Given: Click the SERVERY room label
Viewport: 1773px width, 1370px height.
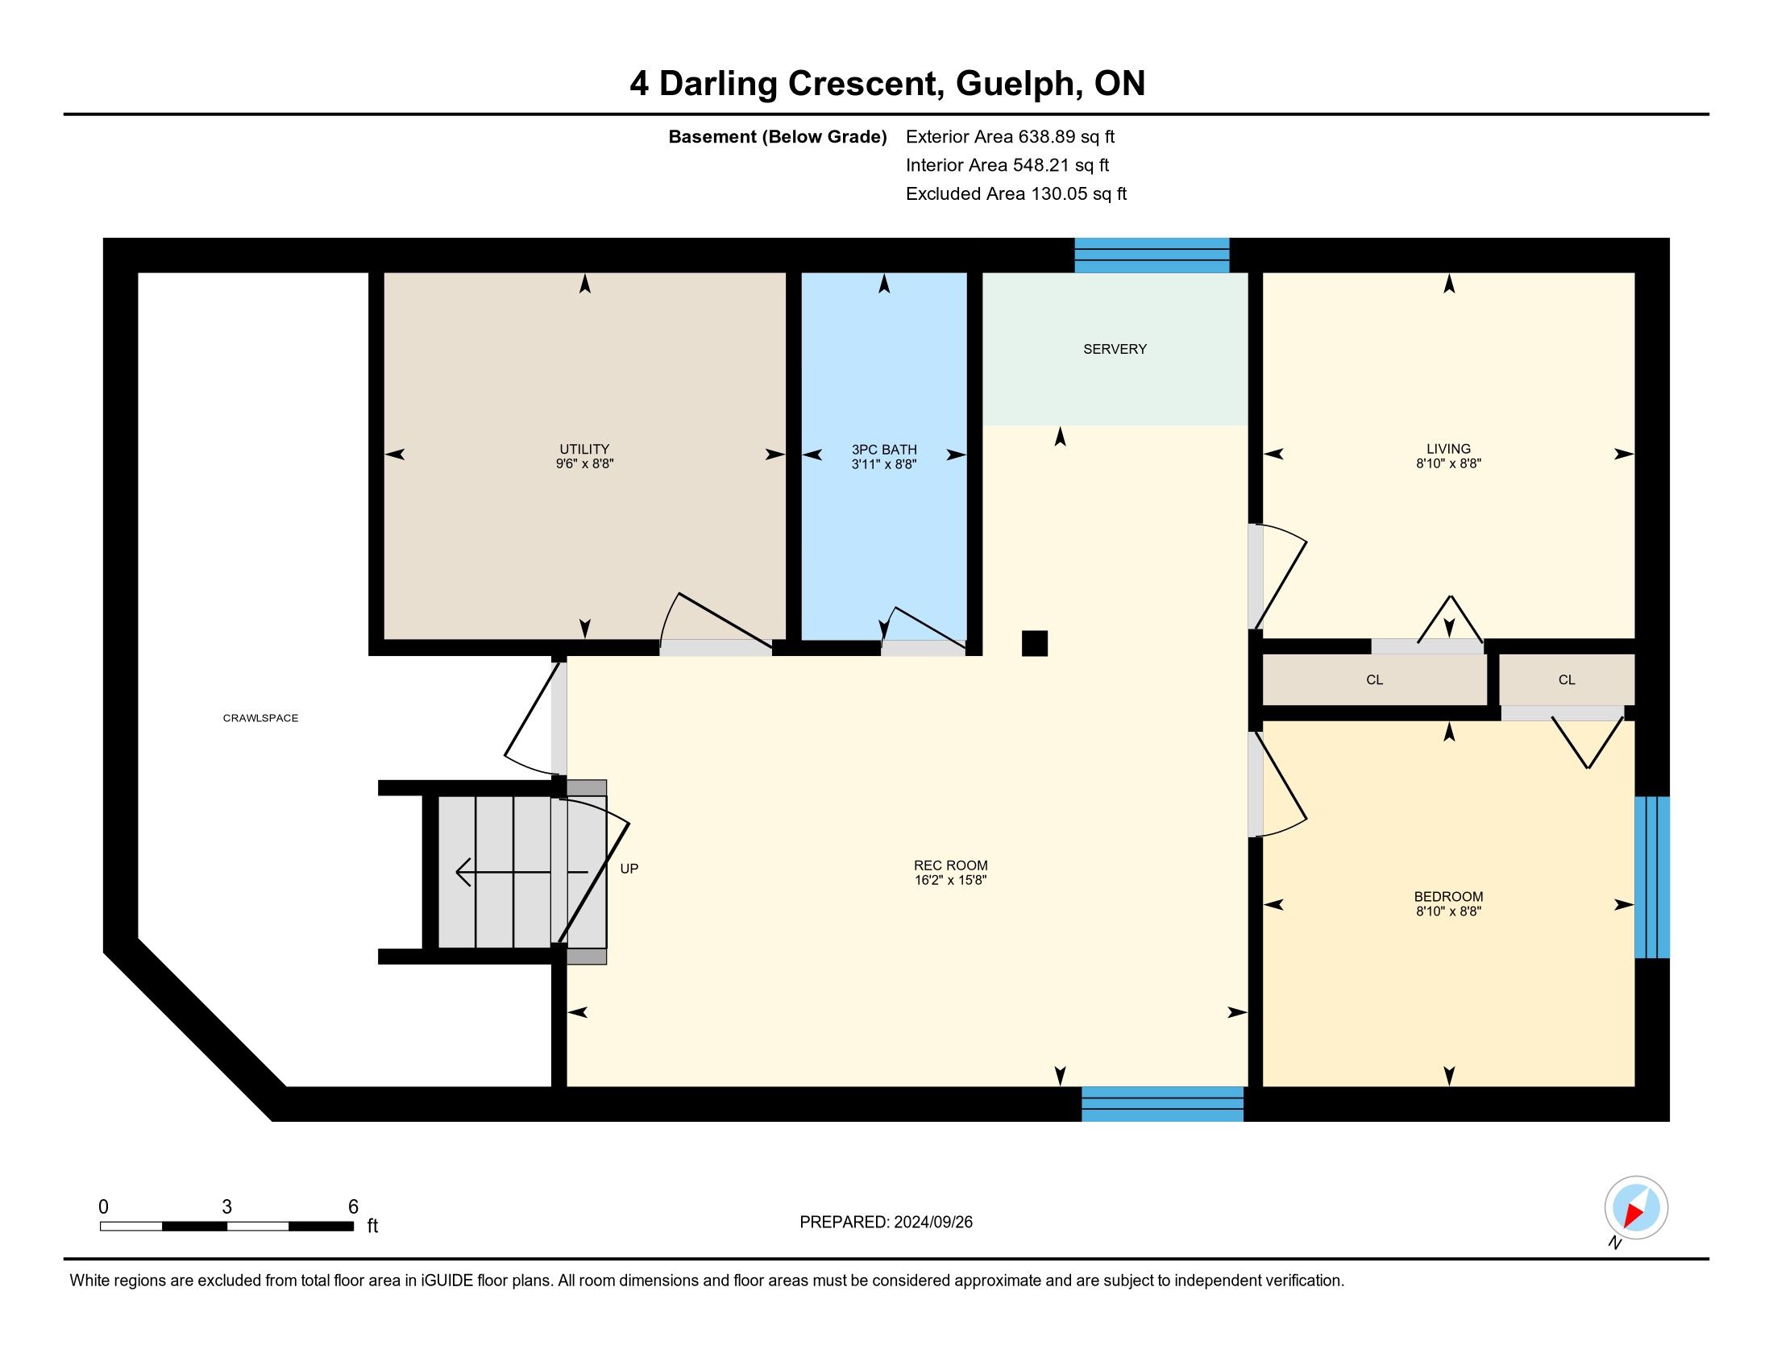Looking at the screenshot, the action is click(x=1115, y=349).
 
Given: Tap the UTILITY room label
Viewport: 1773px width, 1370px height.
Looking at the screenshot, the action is click(x=583, y=449).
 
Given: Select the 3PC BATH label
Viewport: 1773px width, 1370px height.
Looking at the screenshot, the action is click(x=884, y=450).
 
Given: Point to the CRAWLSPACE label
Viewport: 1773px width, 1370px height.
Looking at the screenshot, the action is click(x=260, y=718).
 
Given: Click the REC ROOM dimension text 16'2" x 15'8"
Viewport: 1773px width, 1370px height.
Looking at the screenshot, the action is click(x=951, y=880).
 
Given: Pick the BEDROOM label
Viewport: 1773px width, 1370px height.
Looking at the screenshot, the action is click(x=1448, y=897).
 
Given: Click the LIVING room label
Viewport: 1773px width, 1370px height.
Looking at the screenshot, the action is click(x=1448, y=449).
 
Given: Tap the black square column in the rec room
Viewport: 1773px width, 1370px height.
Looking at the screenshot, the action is click(x=1034, y=644).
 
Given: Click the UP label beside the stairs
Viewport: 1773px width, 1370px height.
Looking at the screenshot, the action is click(x=629, y=869).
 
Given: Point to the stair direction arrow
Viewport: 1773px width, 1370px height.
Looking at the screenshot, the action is click(x=521, y=873).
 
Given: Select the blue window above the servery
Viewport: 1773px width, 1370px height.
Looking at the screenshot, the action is click(x=1152, y=255).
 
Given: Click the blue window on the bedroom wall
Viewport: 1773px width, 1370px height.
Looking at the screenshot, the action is click(x=1652, y=878).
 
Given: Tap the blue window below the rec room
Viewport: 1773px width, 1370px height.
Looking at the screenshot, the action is click(x=1162, y=1104).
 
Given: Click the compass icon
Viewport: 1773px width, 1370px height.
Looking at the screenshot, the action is click(x=1636, y=1208).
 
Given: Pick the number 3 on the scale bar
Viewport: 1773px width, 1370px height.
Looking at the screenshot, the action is click(x=226, y=1207).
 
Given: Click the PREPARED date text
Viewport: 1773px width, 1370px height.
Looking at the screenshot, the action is click(x=886, y=1223).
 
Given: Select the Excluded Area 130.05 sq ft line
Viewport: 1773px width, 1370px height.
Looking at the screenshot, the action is click(x=1016, y=194).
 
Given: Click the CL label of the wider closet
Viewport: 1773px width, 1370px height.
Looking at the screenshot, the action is click(x=1374, y=680).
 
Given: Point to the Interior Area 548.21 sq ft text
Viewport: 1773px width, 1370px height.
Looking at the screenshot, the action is click(x=1007, y=165).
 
